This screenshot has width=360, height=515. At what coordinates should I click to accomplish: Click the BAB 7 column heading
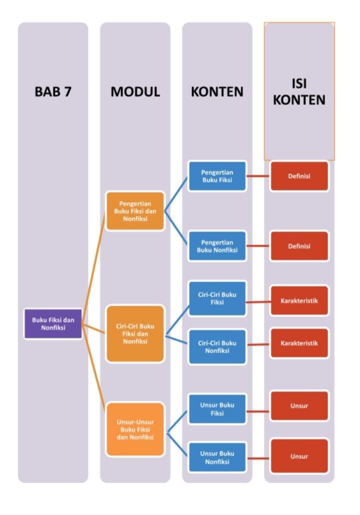(53, 92)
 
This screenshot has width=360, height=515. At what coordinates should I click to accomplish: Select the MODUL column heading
(135, 92)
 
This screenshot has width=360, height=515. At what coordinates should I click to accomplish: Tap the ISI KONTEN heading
(299, 91)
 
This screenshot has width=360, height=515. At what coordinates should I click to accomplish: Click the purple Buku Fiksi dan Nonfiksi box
(53, 323)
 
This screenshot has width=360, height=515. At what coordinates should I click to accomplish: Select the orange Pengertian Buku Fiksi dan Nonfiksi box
(135, 211)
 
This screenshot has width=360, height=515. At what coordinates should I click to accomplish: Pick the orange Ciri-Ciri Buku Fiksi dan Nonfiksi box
(135, 333)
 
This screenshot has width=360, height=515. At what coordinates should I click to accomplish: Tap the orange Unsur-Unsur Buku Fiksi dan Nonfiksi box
(135, 429)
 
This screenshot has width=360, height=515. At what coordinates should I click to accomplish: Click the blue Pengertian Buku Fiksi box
(217, 176)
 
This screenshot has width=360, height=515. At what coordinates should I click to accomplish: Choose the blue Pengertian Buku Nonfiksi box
(217, 245)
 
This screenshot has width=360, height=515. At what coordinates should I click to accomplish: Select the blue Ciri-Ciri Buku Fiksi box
(217, 298)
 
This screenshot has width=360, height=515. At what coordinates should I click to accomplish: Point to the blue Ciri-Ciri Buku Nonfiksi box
(217, 346)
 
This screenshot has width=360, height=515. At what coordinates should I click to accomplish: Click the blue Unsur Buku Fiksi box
(217, 408)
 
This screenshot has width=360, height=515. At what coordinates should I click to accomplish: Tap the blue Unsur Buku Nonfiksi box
(217, 457)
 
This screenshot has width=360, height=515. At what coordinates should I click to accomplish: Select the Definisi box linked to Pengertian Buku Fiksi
(299, 176)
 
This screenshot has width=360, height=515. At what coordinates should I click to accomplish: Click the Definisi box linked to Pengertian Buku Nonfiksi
(299, 246)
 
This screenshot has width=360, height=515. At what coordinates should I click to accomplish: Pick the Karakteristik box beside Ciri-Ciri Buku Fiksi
(299, 301)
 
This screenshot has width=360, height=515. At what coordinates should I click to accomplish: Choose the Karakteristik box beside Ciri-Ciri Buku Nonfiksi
(299, 343)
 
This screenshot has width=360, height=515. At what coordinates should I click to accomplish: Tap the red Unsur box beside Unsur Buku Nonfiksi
(299, 456)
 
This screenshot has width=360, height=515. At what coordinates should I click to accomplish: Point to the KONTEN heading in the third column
(217, 92)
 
